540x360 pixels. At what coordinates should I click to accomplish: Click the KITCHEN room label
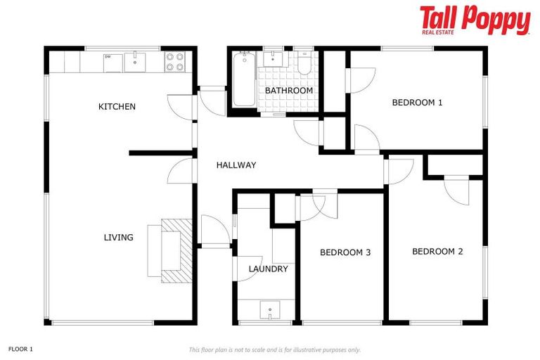coord(117,107)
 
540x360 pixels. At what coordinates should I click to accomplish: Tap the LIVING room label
coord(118,238)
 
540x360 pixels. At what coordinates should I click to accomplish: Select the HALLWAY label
coord(236,165)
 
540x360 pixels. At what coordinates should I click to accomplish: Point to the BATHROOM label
coord(288,91)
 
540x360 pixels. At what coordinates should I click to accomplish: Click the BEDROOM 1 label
coord(417,103)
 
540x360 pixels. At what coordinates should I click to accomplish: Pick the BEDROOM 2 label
coord(437,252)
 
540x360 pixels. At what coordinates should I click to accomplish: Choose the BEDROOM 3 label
coord(345,252)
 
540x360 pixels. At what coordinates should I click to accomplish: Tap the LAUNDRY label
coord(268,269)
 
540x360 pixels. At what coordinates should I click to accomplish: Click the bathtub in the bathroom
coord(244,79)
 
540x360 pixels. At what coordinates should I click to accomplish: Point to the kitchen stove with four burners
coord(174,62)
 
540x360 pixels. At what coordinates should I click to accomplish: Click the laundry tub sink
coord(269,310)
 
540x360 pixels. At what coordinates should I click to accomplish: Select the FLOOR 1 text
coord(21,349)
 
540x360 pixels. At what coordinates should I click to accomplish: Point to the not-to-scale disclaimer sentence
coord(274,349)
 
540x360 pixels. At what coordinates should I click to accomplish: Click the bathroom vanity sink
coord(273,58)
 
